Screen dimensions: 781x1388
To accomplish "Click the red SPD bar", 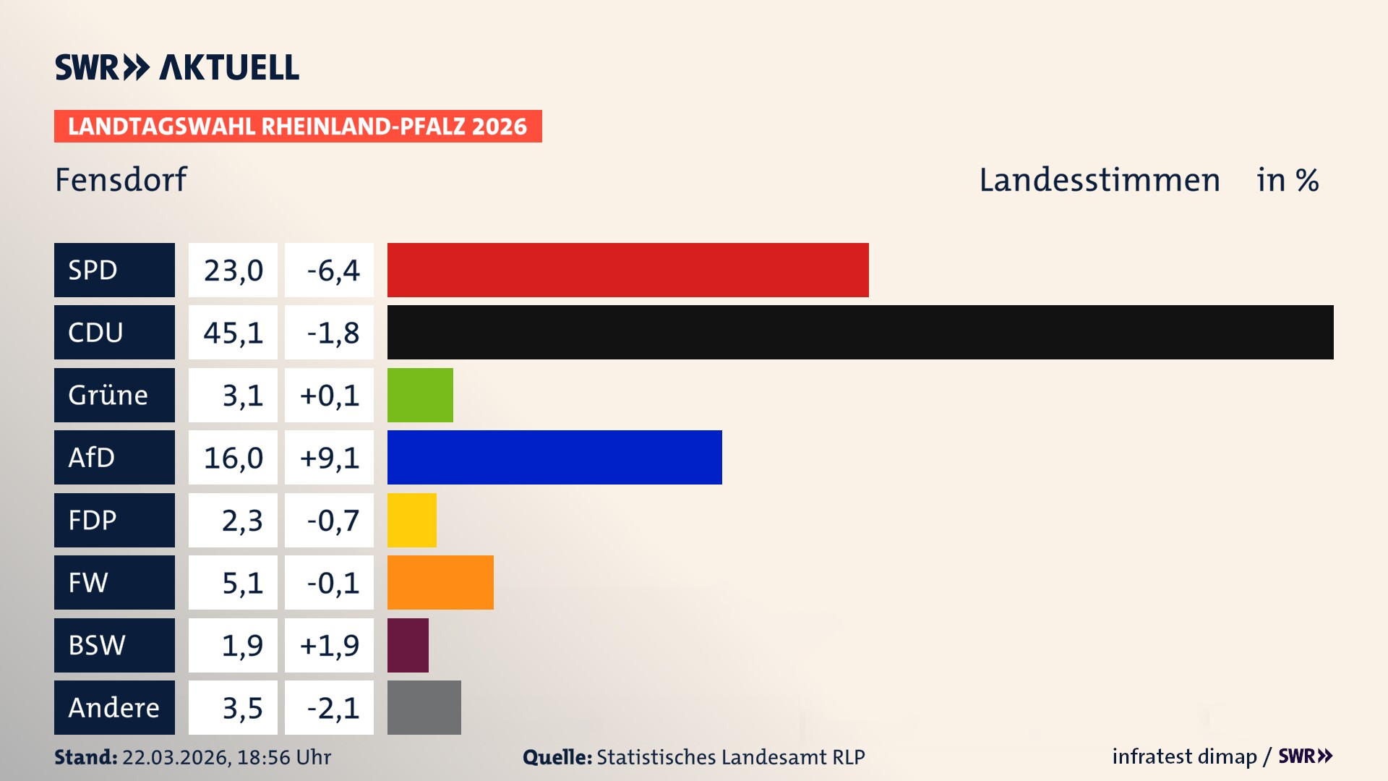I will pyautogui.click(x=627, y=270).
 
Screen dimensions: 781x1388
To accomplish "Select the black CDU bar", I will pyautogui.click(x=860, y=332).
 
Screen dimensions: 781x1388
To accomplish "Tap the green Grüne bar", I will pyautogui.click(x=420, y=395).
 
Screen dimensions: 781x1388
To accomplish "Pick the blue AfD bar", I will pyautogui.click(x=554, y=457).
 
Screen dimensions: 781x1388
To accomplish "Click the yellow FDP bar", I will pyautogui.click(x=411, y=520).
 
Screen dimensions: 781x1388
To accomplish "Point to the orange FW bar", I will pyautogui.click(x=440, y=582).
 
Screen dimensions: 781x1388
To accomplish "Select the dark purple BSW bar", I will pyautogui.click(x=408, y=645).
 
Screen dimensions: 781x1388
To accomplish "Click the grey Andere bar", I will pyautogui.click(x=424, y=707).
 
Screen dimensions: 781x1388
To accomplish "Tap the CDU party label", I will pyautogui.click(x=114, y=332).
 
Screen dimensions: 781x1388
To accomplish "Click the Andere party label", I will pyautogui.click(x=114, y=707).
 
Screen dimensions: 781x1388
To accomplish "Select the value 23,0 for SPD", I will pyautogui.click(x=233, y=270).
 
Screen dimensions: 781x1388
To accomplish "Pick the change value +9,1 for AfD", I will pyautogui.click(x=329, y=457).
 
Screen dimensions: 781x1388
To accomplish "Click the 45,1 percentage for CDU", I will pyautogui.click(x=233, y=332).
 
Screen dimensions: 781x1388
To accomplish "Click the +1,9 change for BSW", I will pyautogui.click(x=329, y=645).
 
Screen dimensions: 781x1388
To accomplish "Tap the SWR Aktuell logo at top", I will pyautogui.click(x=176, y=67).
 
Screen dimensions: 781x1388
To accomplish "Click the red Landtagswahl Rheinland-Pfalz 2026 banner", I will pyautogui.click(x=297, y=126).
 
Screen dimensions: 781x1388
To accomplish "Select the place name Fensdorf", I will pyautogui.click(x=121, y=179).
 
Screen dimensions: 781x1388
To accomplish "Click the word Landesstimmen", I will pyautogui.click(x=1099, y=179).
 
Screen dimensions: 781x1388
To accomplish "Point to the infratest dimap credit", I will pyautogui.click(x=1183, y=756).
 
